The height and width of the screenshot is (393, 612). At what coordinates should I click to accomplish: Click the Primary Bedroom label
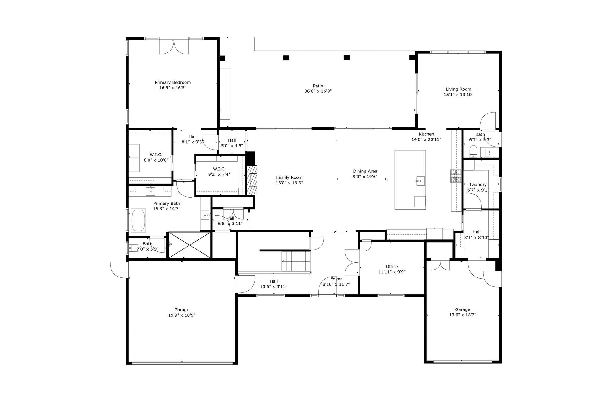(x=172, y=82)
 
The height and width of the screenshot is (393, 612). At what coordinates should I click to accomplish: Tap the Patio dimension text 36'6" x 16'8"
(x=318, y=91)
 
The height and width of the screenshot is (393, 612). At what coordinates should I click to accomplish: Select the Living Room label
(x=458, y=89)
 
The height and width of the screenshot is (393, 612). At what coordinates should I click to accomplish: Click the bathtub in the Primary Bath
(x=138, y=221)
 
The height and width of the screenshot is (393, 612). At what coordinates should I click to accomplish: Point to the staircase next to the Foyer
(x=296, y=262)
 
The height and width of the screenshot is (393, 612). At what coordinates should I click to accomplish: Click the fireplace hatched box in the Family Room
(x=252, y=180)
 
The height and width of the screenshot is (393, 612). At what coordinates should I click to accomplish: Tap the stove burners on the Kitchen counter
(x=456, y=176)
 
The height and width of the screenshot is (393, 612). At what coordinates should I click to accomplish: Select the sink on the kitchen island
(x=420, y=181)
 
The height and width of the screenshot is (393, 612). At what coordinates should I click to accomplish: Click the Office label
(x=391, y=266)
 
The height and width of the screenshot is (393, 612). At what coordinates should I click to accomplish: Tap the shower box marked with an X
(x=190, y=245)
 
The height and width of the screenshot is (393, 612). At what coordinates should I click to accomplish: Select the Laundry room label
(x=478, y=185)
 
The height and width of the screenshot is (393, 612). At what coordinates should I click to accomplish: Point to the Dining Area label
(x=365, y=171)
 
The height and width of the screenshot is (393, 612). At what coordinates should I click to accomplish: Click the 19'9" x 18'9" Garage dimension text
(x=182, y=315)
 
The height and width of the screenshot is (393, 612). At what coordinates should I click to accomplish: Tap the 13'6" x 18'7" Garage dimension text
(x=463, y=315)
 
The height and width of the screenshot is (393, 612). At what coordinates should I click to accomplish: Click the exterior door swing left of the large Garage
(x=118, y=270)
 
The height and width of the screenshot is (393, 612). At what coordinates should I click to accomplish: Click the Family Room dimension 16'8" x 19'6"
(x=289, y=183)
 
